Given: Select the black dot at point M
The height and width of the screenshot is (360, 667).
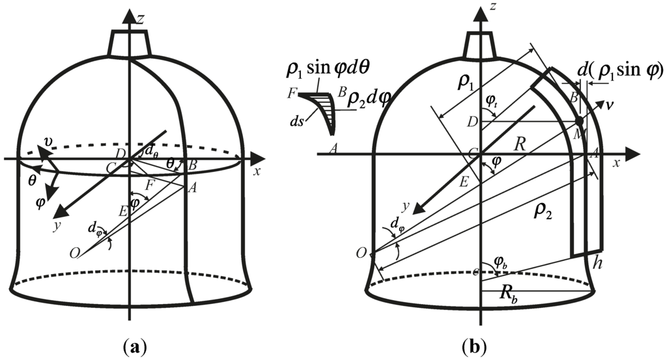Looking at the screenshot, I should point(578,121).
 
